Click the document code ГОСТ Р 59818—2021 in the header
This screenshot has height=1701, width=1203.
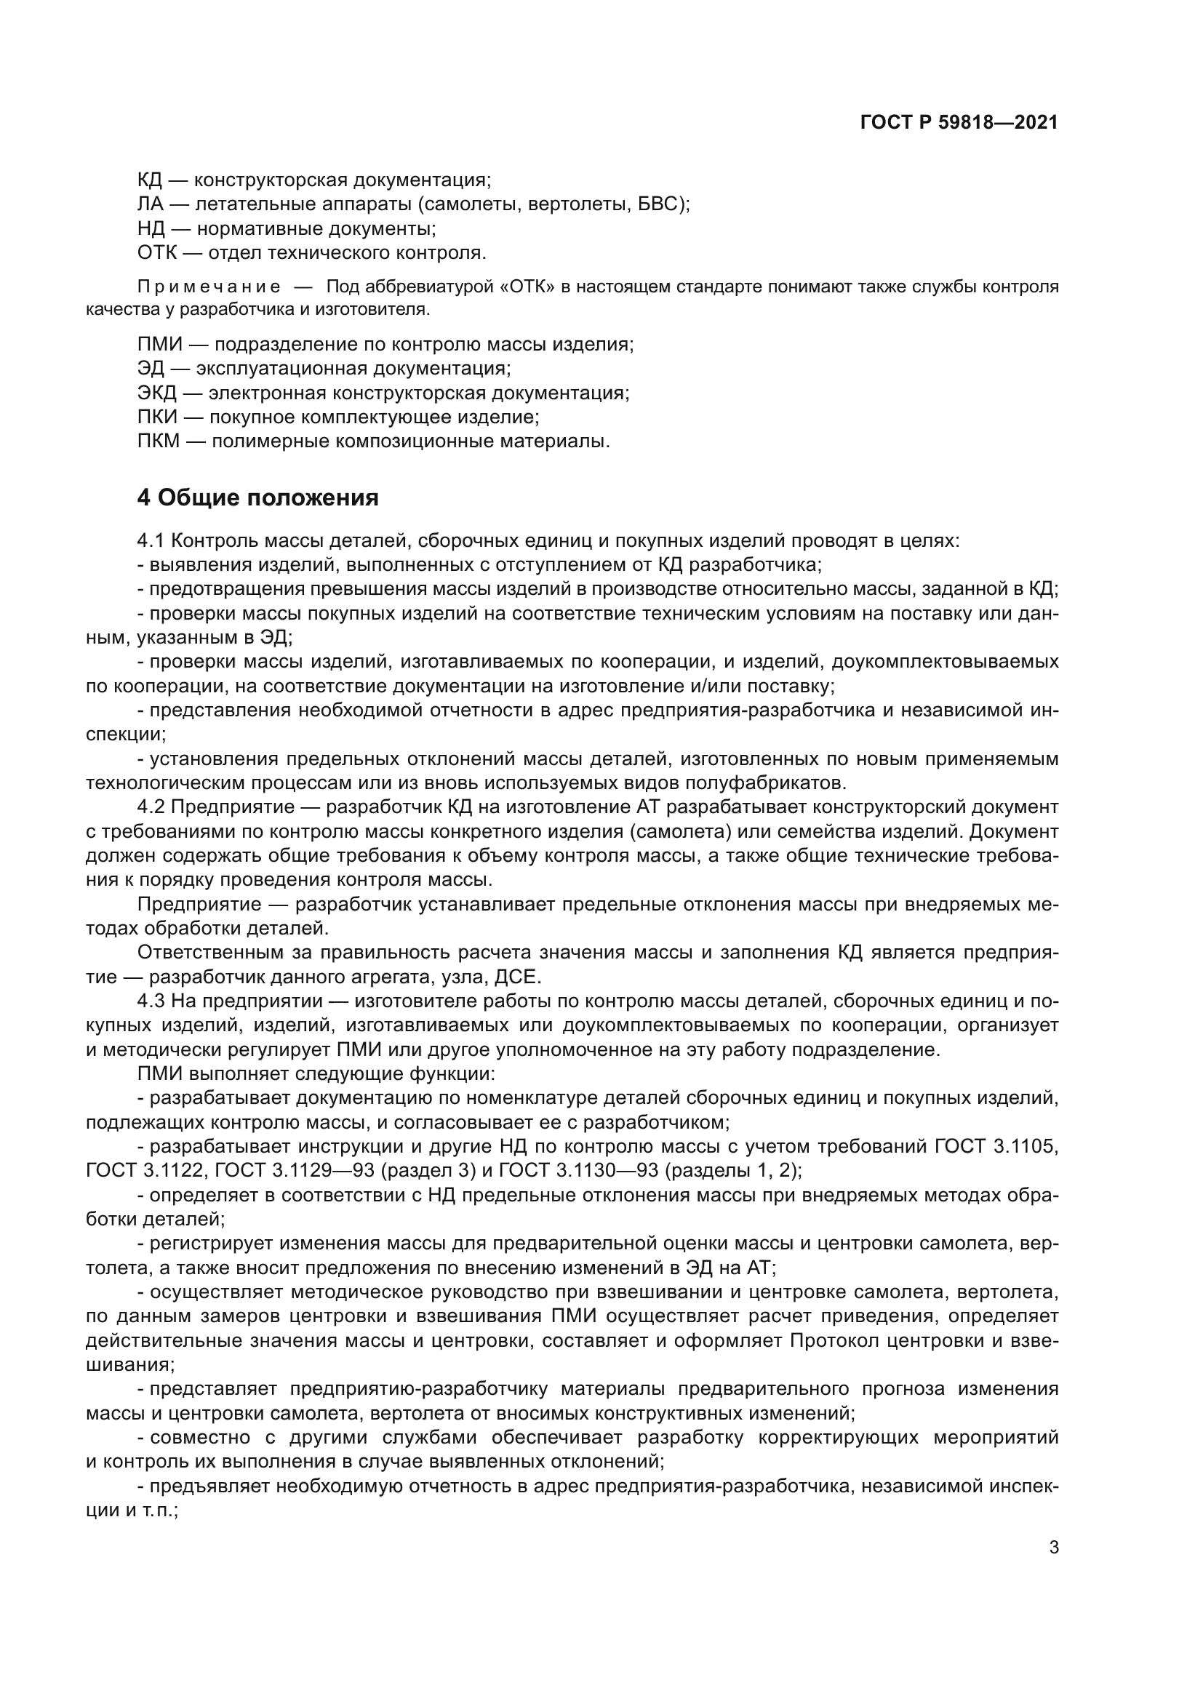(959, 123)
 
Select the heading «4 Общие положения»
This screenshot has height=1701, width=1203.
(257, 498)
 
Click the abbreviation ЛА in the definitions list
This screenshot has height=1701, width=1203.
(151, 204)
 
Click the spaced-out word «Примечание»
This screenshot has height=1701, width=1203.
(209, 287)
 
